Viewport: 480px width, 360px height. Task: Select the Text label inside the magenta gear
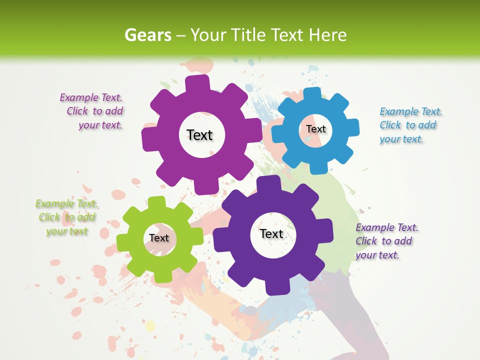(199, 135)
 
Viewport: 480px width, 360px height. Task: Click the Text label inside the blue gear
(315, 129)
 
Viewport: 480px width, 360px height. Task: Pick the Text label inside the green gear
(158, 238)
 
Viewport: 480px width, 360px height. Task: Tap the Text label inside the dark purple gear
(271, 233)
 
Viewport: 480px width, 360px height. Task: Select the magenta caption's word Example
(79, 97)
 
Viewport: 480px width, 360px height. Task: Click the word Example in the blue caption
(399, 111)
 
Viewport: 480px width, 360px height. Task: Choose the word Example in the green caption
(54, 203)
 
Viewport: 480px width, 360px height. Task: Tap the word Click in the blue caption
(390, 125)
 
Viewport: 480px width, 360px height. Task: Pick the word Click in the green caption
(49, 217)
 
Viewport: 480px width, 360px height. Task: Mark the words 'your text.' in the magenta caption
(100, 125)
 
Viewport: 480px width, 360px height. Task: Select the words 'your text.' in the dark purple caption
(377, 255)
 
